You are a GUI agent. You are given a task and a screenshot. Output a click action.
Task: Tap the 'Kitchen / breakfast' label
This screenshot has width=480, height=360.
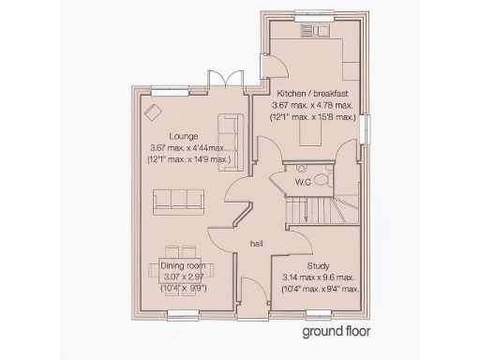click(x=313, y=94)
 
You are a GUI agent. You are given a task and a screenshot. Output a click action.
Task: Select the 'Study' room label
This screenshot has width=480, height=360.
click(x=319, y=266)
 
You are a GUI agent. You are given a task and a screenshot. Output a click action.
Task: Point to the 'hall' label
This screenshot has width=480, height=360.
click(x=254, y=244)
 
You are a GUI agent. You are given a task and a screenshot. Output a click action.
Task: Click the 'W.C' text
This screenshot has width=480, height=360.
click(x=303, y=181)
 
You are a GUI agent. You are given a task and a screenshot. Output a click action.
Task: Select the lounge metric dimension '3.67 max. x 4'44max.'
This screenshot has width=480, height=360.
click(x=187, y=148)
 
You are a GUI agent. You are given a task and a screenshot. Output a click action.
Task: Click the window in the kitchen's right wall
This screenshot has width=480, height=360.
click(x=368, y=128)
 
